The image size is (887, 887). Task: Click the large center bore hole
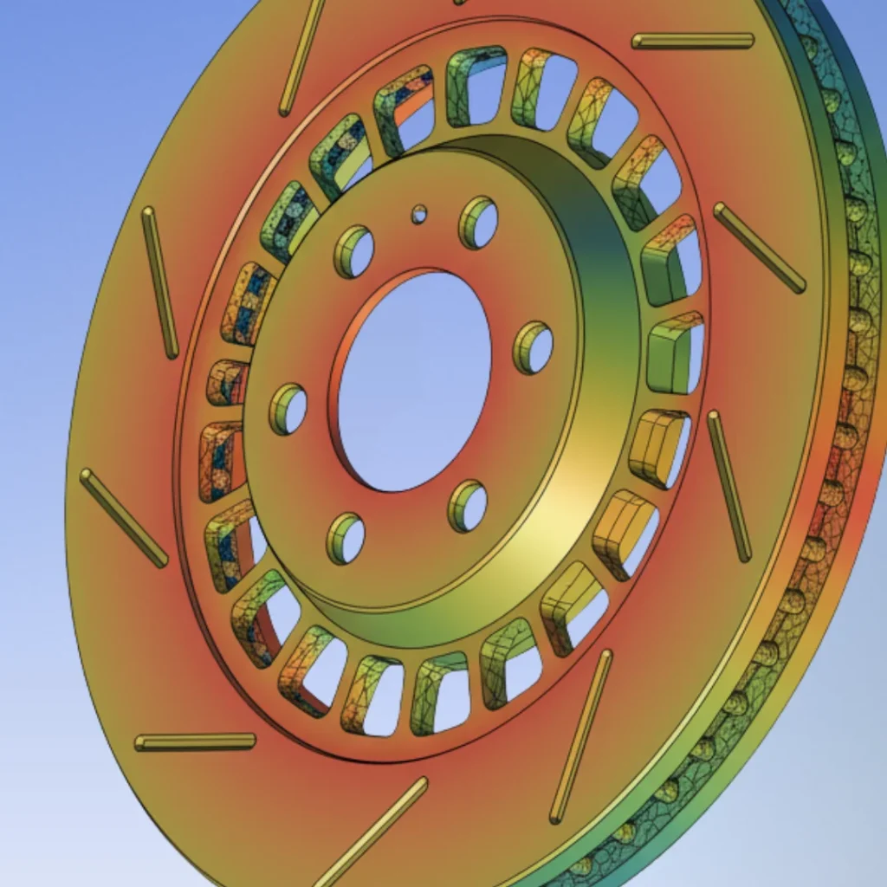coord(414,381)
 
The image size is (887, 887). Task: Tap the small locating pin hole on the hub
coord(419,214)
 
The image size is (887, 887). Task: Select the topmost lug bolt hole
coord(479,223)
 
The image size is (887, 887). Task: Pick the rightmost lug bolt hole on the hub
coord(534,348)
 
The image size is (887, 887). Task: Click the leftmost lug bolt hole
coord(288,410)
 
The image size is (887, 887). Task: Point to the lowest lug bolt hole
coord(346,539)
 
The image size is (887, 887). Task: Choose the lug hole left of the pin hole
coord(354,252)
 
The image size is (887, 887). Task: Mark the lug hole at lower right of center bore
coord(468,507)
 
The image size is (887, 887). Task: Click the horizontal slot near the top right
coord(693,41)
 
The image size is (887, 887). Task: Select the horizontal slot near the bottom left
coord(196,742)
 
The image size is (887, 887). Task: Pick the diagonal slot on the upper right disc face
coord(760,248)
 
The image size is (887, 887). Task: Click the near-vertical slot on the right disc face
coord(728,486)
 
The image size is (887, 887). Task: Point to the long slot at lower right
coord(580,736)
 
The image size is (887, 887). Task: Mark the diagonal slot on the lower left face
coord(124,518)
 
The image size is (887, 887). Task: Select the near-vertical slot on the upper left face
coord(160,282)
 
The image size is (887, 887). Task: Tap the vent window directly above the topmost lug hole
coord(477,87)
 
